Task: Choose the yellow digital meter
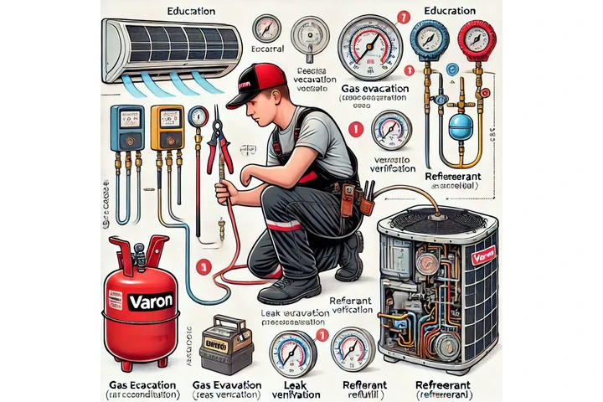[167, 126]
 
